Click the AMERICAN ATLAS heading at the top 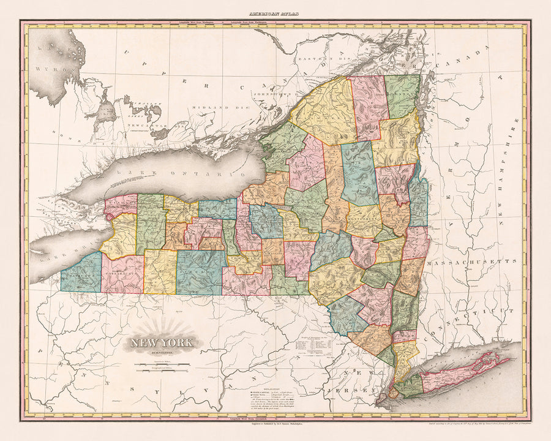[275, 12]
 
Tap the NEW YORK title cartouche [162, 344]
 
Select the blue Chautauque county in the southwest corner [81, 274]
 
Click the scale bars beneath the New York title [162, 367]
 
